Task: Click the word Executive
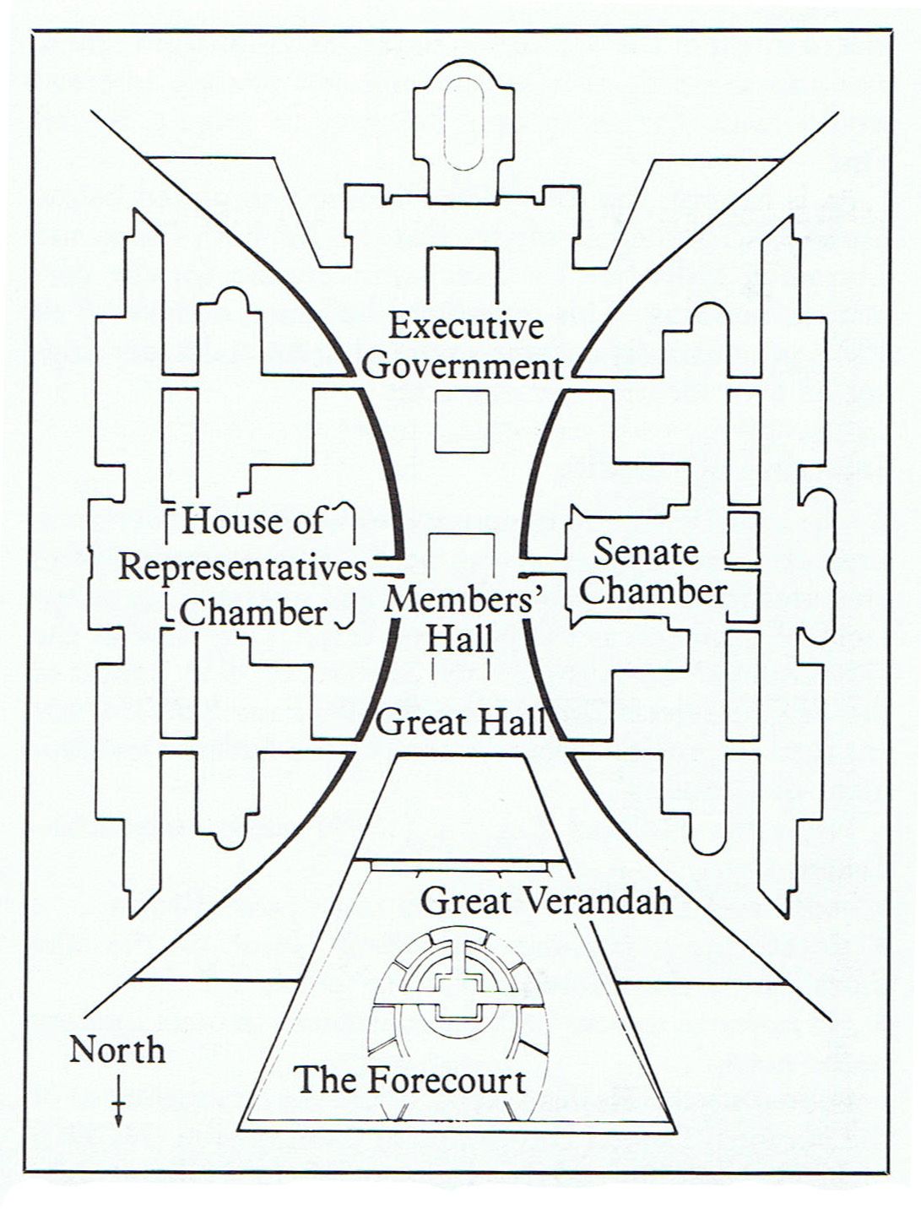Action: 465,327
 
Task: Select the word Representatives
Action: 242,568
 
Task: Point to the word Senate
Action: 646,552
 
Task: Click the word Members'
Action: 463,600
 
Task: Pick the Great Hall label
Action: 461,723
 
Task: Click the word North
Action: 117,1051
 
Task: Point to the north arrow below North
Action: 119,1102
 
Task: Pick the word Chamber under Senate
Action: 653,591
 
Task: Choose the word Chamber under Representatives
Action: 253,612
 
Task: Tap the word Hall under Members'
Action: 459,638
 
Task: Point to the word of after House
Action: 307,521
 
